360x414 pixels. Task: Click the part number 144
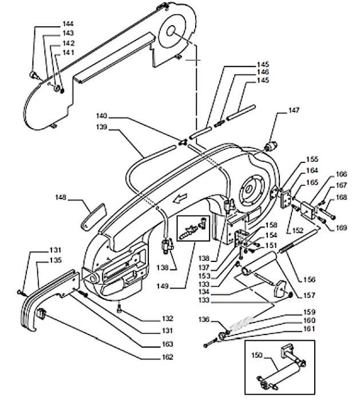tap(68, 24)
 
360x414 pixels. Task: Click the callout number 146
tap(262, 72)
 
